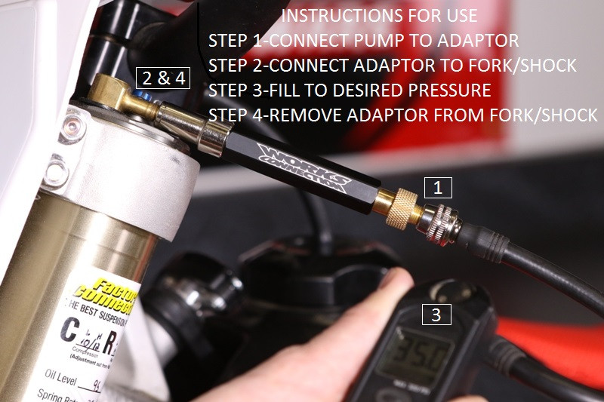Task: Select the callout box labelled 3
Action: pos(436,315)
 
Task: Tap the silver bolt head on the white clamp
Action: pos(74,121)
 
